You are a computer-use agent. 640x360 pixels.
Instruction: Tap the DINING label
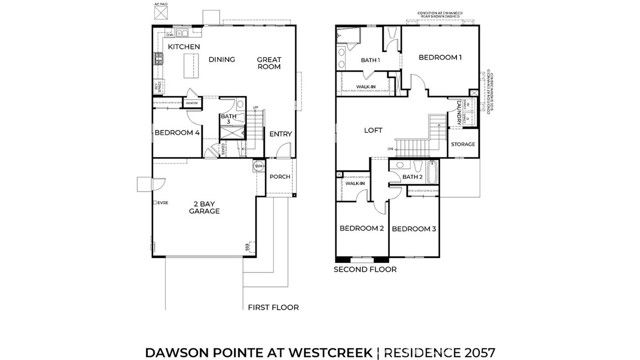222,59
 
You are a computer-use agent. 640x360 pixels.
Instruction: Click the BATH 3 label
228,120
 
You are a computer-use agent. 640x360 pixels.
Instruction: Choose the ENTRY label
280,133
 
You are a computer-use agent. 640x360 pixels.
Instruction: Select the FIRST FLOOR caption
274,308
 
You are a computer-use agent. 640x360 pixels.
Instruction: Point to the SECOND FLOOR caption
365,269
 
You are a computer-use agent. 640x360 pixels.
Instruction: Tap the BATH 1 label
371,61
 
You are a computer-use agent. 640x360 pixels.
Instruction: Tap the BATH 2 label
411,177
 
